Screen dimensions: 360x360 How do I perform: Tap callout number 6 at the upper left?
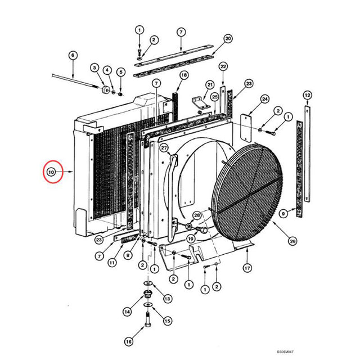[x=72, y=55]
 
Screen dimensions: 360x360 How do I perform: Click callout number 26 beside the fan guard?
[x=292, y=241]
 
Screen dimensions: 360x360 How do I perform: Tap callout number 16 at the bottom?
[x=128, y=341]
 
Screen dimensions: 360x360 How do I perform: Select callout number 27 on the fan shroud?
[x=164, y=148]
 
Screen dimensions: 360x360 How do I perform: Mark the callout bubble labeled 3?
[x=94, y=69]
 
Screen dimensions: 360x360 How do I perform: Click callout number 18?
[x=184, y=75]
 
